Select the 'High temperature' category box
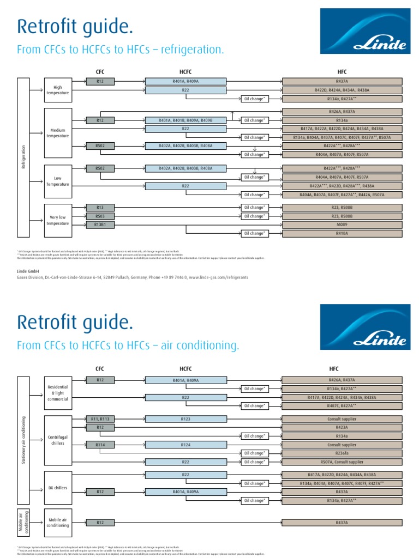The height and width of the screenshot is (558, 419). (x=58, y=90)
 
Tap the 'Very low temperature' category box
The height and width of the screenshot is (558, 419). (x=58, y=220)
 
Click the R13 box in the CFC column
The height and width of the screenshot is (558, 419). (x=100, y=207)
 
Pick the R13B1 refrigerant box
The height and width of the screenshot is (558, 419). (x=100, y=225)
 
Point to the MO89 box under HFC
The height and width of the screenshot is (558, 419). (x=342, y=225)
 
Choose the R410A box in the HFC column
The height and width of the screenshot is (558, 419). (x=342, y=233)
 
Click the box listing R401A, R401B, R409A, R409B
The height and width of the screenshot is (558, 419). (x=185, y=120)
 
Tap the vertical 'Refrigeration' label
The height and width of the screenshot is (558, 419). (x=23, y=157)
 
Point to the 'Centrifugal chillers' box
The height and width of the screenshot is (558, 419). (x=58, y=440)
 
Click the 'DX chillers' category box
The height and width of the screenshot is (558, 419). (x=58, y=488)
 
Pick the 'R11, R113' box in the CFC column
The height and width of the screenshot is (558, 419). (x=100, y=419)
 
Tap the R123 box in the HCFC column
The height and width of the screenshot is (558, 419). (x=185, y=419)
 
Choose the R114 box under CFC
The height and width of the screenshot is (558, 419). (x=100, y=445)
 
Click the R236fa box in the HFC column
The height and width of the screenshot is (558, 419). (x=342, y=453)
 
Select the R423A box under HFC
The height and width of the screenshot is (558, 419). (x=342, y=428)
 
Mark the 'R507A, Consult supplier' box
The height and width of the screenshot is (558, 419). (x=342, y=462)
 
